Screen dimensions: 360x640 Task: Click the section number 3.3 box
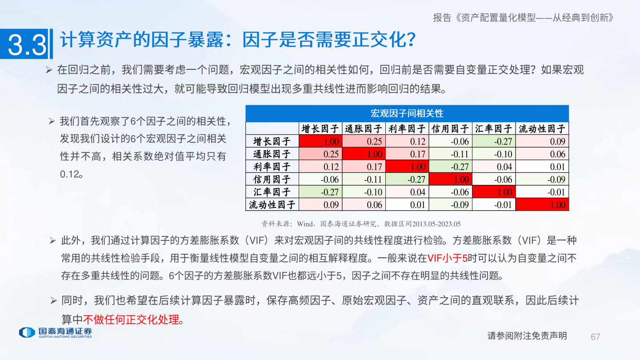pyautogui.click(x=27, y=44)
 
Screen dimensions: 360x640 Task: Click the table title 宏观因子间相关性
pyautogui.click(x=407, y=113)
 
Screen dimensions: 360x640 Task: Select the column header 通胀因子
pyautogui.click(x=364, y=129)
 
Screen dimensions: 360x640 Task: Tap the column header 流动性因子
pyautogui.click(x=543, y=129)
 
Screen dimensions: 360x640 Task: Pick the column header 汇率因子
pyautogui.click(x=494, y=129)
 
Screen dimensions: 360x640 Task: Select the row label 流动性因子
pyautogui.click(x=272, y=205)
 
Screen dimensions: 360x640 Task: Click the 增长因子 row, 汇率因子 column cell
pyautogui.click(x=494, y=142)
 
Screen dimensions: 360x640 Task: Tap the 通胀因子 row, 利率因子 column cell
pyautogui.click(x=407, y=154)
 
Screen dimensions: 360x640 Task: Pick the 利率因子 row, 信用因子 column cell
pyautogui.click(x=450, y=167)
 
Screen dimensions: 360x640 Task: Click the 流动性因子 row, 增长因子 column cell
pyautogui.click(x=320, y=205)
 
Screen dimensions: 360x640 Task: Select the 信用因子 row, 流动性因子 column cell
pyautogui.click(x=543, y=180)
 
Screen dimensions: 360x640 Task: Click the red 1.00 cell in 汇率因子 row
pyautogui.click(x=494, y=192)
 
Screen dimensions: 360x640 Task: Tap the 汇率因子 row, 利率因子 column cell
pyautogui.click(x=407, y=192)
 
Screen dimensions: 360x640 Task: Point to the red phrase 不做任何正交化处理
pyautogui.click(x=131, y=319)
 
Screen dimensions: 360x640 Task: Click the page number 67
pyautogui.click(x=596, y=336)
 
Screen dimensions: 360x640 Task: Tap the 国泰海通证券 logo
pyautogui.click(x=56, y=332)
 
